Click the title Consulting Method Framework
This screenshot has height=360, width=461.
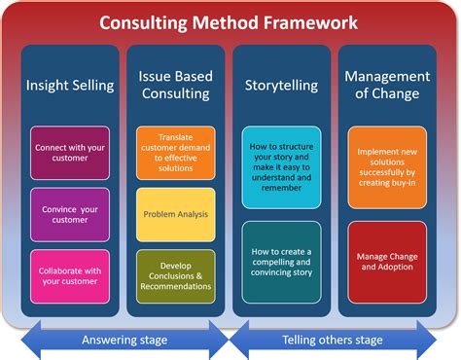coord(230,20)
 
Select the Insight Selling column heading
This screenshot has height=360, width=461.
coord(71,87)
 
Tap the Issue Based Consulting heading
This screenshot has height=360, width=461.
coord(175,87)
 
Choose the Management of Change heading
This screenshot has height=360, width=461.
coord(387,87)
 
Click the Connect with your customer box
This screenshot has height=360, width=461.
coord(71,154)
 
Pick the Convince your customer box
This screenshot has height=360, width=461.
coord(71,214)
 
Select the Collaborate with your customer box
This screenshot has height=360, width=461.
coord(71,274)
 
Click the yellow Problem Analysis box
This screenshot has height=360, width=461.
coord(175,214)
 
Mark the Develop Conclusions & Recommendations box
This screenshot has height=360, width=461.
coord(175,274)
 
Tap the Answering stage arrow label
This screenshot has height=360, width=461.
coord(124,340)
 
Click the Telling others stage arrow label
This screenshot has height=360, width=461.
coord(335,340)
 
